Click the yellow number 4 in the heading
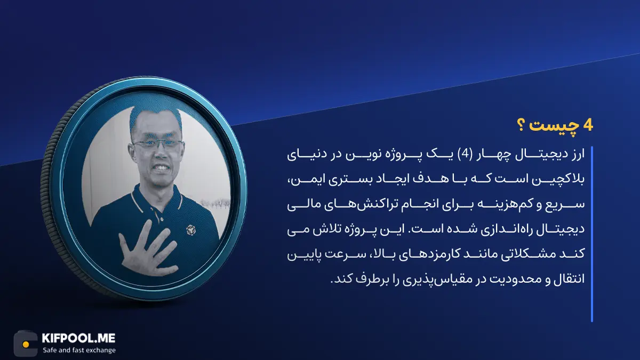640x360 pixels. coord(587,126)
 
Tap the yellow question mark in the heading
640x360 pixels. coord(521,126)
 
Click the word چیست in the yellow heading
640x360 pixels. coord(553,126)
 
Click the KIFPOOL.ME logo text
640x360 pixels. coord(78,338)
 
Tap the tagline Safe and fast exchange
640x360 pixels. coord(79,350)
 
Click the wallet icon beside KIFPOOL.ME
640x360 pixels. coord(26,343)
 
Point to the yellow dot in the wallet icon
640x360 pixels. coord(26,345)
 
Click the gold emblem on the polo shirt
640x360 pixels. coord(190,230)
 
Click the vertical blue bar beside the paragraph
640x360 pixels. coord(591,234)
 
